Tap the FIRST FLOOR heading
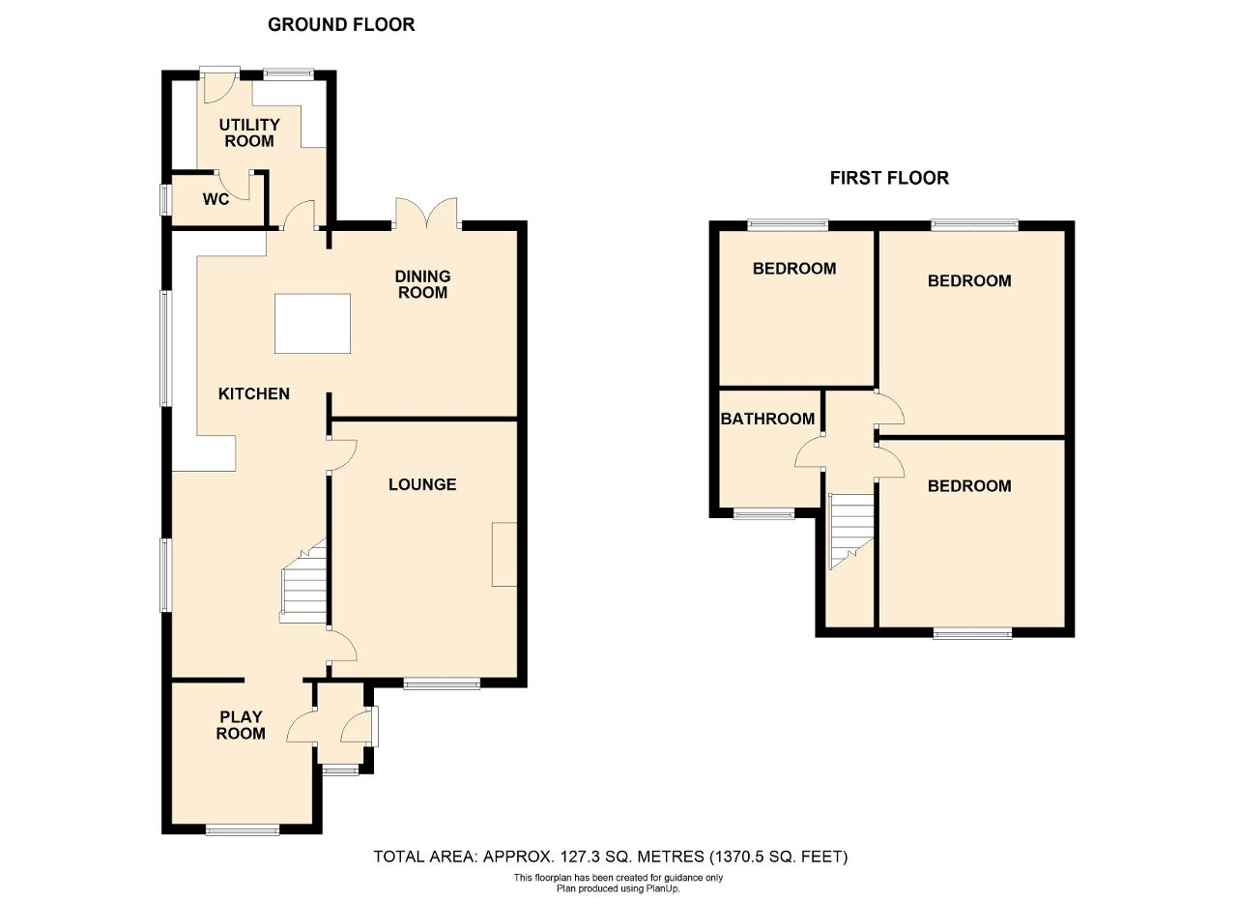point(889,178)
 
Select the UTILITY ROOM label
point(249,132)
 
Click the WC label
point(216,199)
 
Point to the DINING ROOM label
point(422,284)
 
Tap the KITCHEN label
point(254,393)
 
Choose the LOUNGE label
point(422,484)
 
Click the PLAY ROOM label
point(241,725)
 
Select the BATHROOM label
point(767,419)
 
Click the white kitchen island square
point(312,323)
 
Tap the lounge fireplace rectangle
point(504,554)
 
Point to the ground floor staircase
point(303,581)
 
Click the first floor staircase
point(851,531)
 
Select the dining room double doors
point(427,214)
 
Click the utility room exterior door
point(219,86)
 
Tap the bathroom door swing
point(809,450)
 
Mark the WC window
point(165,199)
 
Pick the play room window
point(243,829)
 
